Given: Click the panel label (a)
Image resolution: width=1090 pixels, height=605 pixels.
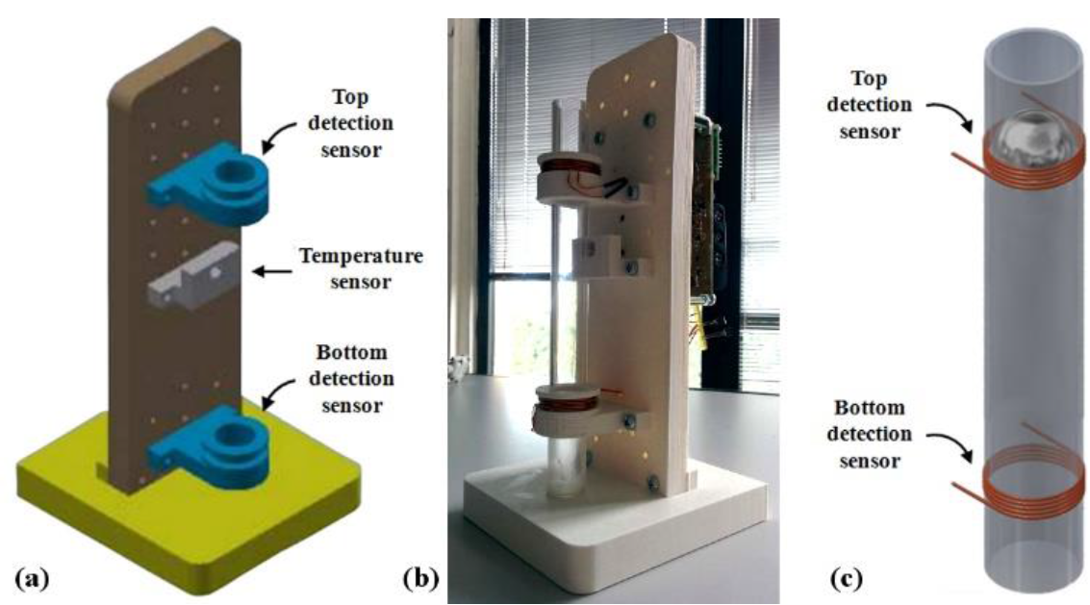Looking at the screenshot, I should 31,578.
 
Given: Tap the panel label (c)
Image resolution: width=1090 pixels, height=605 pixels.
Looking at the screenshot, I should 848,579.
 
